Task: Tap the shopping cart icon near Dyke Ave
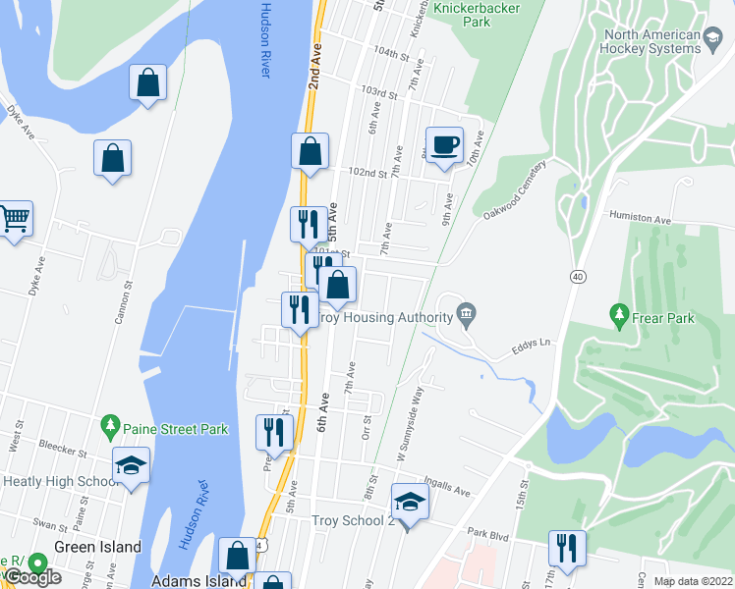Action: point(14,219)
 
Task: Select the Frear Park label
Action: point(664,318)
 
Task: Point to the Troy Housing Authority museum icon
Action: point(467,316)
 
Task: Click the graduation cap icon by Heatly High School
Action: point(130,465)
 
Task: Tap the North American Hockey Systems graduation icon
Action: point(714,37)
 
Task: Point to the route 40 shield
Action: point(576,278)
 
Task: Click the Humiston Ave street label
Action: point(640,215)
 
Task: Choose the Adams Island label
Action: point(198,581)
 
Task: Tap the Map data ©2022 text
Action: point(694,581)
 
